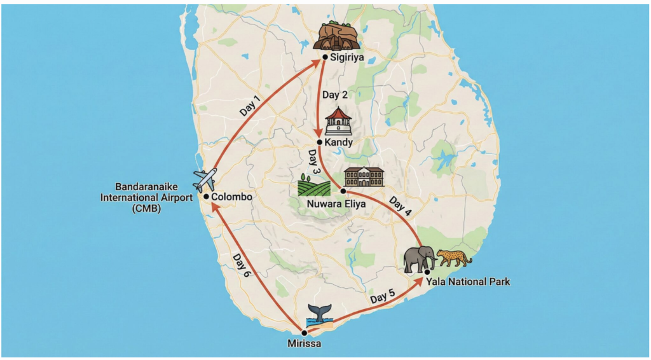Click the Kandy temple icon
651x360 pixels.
point(338,121)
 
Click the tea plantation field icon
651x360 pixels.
point(314,184)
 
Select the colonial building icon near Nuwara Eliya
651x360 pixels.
point(364,177)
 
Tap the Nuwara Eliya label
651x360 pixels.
point(330,205)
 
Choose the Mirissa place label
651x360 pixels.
point(305,344)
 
